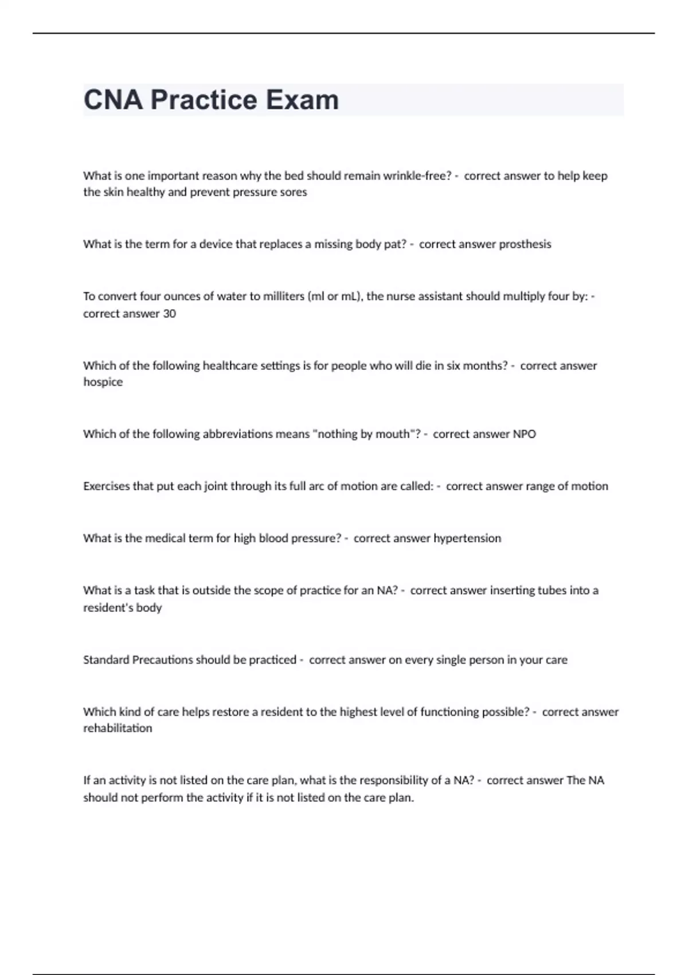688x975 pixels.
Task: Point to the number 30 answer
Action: click(x=169, y=314)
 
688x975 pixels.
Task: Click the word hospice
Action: click(x=103, y=382)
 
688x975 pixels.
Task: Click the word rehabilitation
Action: click(x=118, y=728)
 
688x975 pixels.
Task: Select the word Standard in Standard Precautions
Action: click(x=106, y=660)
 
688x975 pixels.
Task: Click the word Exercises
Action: click(x=107, y=486)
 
